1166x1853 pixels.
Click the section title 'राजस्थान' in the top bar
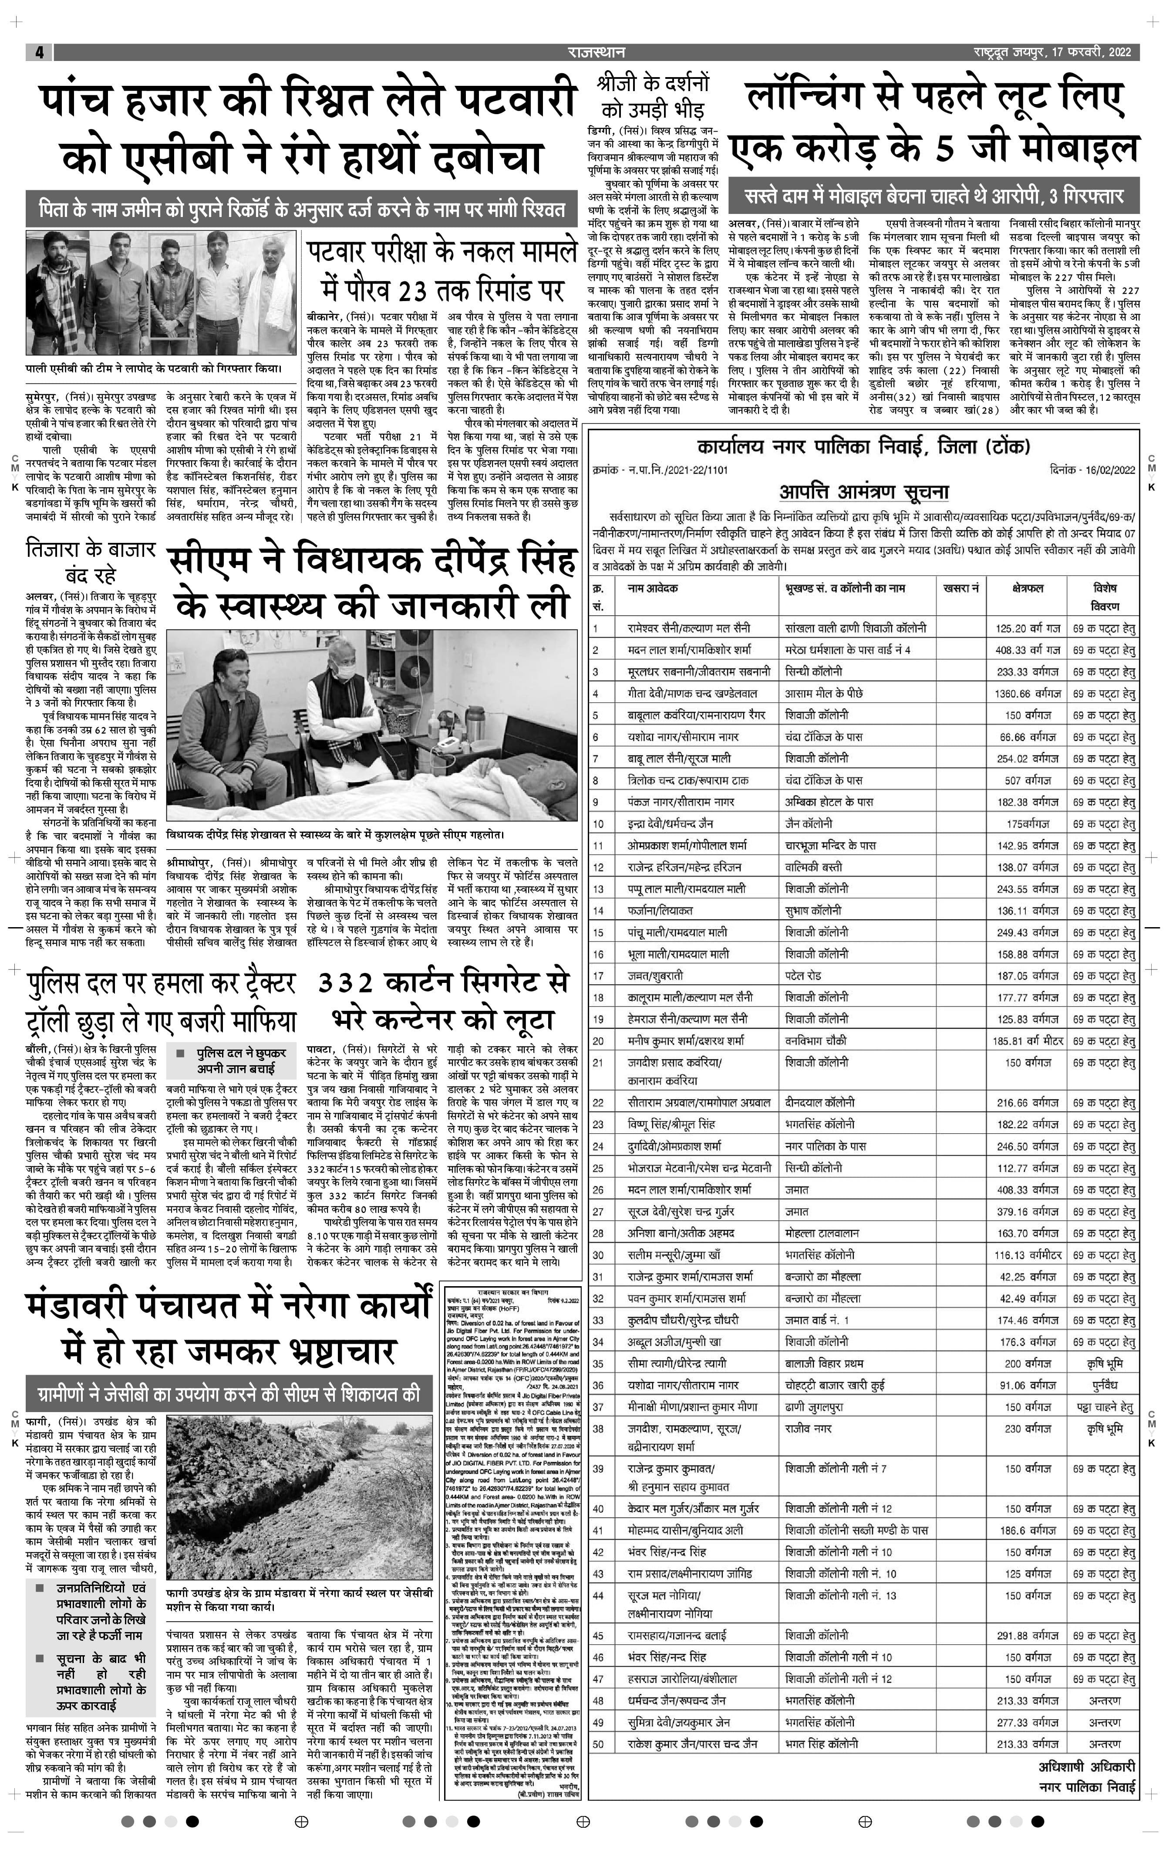click(x=596, y=52)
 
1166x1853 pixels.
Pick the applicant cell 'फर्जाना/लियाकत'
click(x=660, y=910)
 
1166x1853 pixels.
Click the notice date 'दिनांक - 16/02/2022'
click(x=1092, y=469)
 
